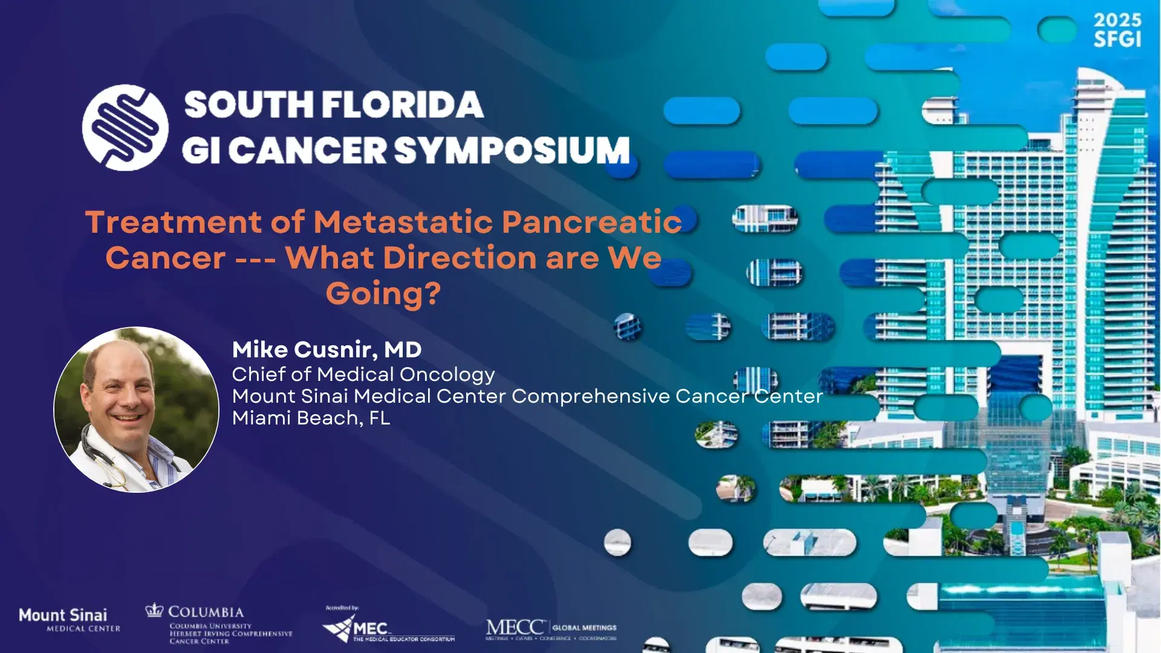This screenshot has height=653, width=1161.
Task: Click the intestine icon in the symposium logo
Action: [125, 128]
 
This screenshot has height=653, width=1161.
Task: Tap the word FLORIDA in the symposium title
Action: [403, 105]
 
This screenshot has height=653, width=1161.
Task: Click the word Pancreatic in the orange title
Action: [591, 222]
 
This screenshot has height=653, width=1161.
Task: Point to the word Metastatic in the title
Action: [403, 222]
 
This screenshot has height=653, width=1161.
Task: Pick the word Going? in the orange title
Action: [383, 294]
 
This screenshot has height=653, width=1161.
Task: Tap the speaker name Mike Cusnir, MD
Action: [327, 349]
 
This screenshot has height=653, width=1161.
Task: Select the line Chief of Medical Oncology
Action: [363, 375]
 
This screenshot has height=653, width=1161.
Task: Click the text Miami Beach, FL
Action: [311, 418]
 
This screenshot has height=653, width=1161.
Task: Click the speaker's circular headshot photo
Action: [137, 410]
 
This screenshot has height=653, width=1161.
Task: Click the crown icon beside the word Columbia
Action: [154, 610]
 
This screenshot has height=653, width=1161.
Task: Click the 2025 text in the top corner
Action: [1117, 20]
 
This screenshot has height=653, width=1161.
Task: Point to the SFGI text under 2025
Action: [1117, 40]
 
